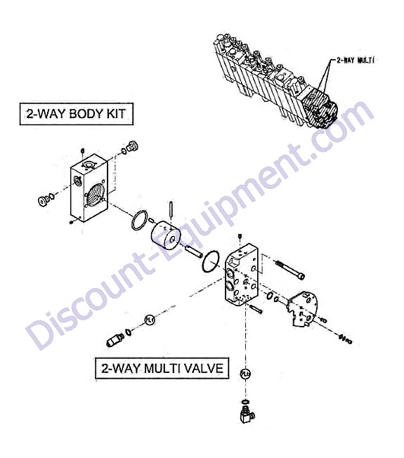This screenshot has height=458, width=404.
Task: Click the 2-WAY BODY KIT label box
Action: point(77,114)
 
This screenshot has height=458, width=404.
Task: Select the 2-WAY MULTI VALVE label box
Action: point(162,368)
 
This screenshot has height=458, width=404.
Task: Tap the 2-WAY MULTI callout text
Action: point(356,60)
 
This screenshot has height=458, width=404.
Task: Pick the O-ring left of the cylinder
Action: point(139,220)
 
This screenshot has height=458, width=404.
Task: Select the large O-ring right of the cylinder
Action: point(211,261)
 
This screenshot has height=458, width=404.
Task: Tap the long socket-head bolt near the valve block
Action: point(290,270)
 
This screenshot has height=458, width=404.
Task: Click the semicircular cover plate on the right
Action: point(303,308)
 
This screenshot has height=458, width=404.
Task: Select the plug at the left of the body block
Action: point(44,201)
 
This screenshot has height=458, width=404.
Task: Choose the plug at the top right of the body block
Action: point(132,146)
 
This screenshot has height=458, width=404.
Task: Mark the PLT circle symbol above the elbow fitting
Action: point(245,374)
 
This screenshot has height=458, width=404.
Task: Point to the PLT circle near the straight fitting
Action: point(150,320)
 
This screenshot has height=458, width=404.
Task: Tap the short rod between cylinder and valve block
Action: point(193,251)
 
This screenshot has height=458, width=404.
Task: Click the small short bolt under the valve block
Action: point(256,309)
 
